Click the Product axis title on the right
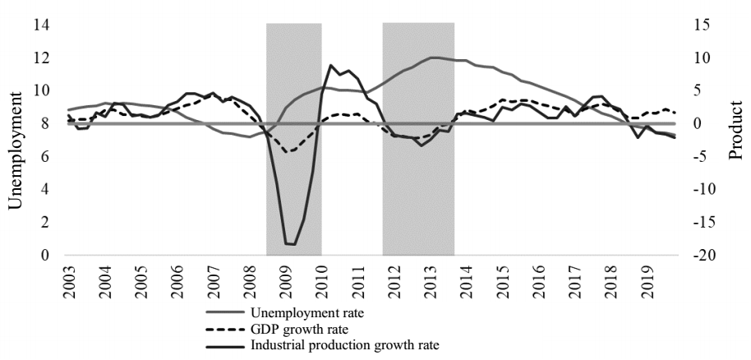(x=736, y=140)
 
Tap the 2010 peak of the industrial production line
(x=330, y=65)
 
